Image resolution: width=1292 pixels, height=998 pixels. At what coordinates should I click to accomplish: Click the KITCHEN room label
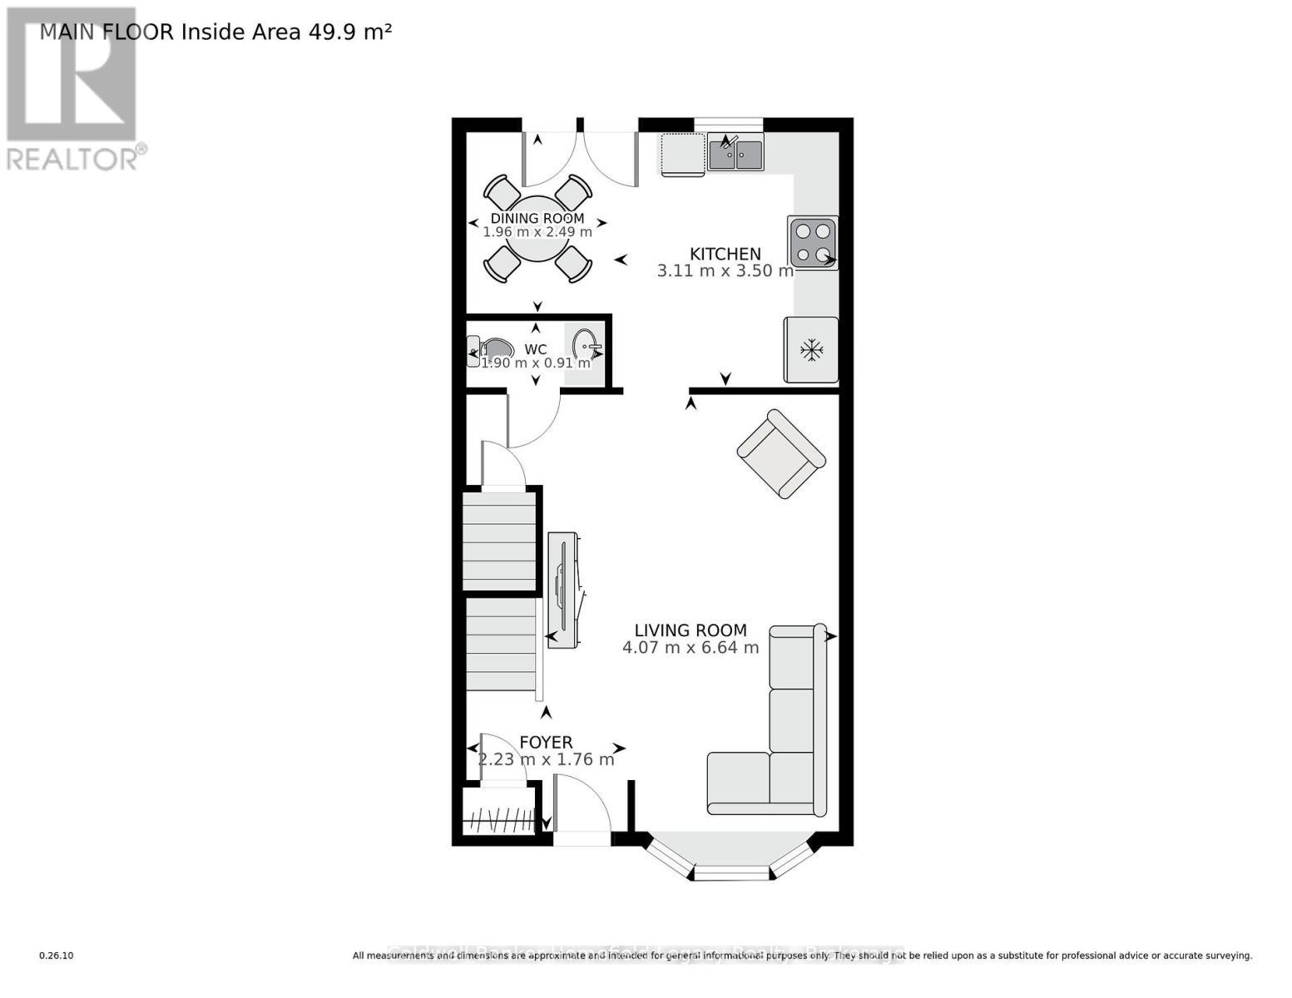[725, 254]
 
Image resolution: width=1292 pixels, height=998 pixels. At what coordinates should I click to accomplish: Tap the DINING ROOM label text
[537, 218]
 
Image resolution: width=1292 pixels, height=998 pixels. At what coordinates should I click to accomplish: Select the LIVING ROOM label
[691, 630]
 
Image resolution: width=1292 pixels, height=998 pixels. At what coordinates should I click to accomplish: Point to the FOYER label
[546, 742]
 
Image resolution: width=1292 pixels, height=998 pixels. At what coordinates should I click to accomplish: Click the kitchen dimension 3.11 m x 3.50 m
[725, 271]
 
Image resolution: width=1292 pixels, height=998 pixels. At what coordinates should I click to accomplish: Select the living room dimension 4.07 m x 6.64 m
[691, 648]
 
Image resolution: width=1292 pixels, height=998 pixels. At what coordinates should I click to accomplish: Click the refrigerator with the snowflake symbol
[810, 350]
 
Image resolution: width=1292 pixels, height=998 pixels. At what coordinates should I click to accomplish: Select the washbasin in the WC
[585, 343]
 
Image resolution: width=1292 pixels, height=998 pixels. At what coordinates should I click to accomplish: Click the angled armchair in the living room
[780, 454]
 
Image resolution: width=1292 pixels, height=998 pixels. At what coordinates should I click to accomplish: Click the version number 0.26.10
[57, 956]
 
